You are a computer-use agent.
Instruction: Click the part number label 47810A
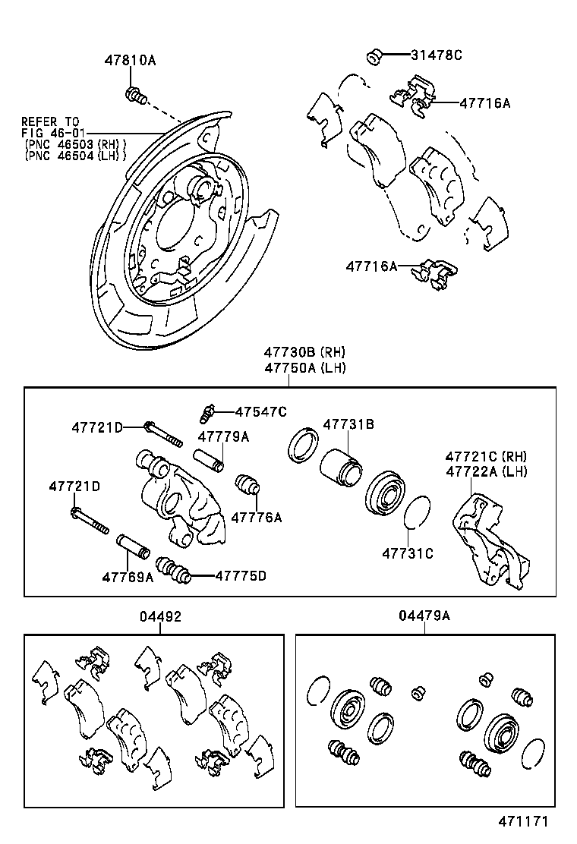point(130,60)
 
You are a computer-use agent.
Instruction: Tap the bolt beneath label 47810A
point(135,96)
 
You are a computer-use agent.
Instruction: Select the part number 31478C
point(437,55)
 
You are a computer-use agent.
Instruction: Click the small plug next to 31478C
point(374,55)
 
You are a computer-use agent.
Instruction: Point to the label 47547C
point(260,411)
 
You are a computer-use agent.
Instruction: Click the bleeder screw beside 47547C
point(205,411)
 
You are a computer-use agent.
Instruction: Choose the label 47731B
point(348,425)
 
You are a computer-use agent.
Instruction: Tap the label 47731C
point(408,553)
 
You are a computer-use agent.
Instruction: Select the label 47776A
point(256,518)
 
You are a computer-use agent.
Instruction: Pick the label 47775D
point(241,575)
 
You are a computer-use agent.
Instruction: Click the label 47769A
point(128,577)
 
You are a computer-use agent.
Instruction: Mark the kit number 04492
point(160,617)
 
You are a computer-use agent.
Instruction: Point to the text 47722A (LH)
point(486,471)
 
